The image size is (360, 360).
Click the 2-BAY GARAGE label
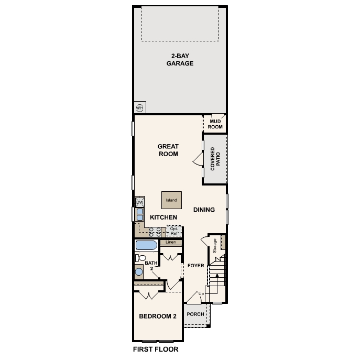coord(180,60)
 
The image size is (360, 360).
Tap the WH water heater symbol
coord(140,107)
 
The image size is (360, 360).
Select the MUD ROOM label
coord(216,124)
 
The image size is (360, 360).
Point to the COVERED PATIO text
coord(215,159)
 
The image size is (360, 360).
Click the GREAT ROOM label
coord(168,150)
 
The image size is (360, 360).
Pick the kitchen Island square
coord(171,200)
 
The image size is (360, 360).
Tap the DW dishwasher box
coord(140,202)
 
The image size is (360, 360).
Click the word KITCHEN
coord(163,217)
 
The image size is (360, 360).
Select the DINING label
coord(204,210)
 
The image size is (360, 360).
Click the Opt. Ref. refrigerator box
coord(174,231)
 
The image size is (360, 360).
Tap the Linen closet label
coord(171,243)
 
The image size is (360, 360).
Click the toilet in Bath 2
coord(140,257)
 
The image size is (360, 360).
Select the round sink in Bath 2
coord(139,271)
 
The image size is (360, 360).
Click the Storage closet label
coord(215,246)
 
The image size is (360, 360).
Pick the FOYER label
coord(195,266)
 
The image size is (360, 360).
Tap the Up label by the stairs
coord(201,293)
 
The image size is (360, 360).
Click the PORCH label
coord(195,314)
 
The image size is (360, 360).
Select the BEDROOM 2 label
coord(157,316)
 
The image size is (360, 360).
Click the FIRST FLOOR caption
coord(156,349)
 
